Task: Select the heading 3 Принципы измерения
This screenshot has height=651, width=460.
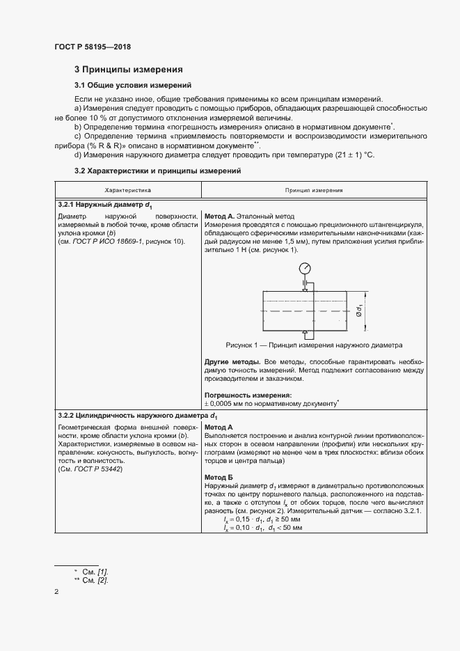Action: click(129, 70)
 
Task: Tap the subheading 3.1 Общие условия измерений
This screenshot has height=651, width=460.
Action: click(133, 86)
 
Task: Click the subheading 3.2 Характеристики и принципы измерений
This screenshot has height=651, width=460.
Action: click(157, 171)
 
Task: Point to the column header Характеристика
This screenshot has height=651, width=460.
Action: click(128, 189)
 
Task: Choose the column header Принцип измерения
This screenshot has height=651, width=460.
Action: click(313, 189)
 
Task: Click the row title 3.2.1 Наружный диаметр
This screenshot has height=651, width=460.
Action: click(105, 205)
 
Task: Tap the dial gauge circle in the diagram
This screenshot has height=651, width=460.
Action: click(306, 268)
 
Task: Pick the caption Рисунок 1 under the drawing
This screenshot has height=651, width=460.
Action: click(314, 345)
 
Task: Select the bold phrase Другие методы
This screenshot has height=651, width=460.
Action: click(232, 362)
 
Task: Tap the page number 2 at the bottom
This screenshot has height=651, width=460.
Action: click(56, 592)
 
